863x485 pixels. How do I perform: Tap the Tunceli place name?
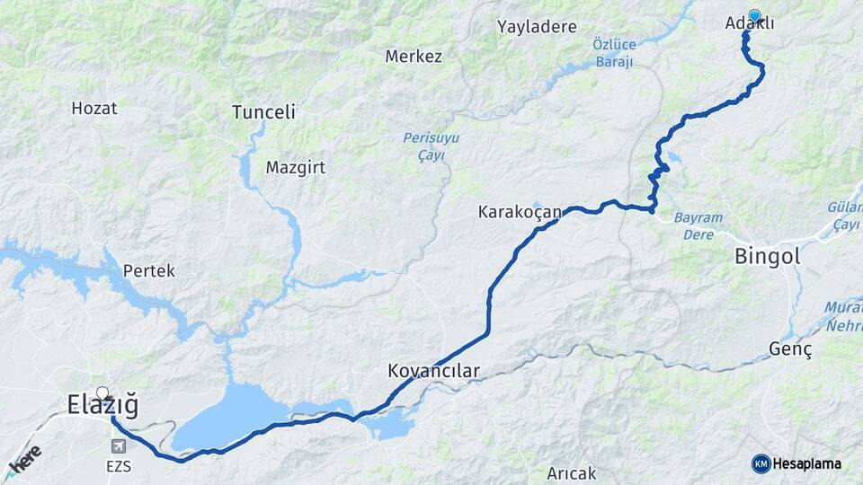click(x=263, y=112)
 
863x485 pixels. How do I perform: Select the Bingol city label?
click(x=767, y=256)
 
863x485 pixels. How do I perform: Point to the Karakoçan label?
click(x=520, y=213)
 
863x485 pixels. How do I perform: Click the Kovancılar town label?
click(x=434, y=370)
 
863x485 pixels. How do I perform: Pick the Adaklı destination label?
click(x=749, y=24)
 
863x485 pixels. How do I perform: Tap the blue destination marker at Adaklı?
click(x=755, y=15)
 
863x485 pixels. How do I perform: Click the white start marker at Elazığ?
click(x=102, y=392)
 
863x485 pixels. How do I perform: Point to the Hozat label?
click(x=94, y=108)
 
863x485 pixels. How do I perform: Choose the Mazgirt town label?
click(x=295, y=168)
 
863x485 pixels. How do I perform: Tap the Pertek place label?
click(x=149, y=270)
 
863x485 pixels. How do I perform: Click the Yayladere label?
click(x=537, y=27)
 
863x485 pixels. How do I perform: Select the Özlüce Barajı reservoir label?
click(x=614, y=53)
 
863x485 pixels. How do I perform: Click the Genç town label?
click(x=791, y=349)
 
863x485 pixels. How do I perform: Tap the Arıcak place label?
click(x=573, y=472)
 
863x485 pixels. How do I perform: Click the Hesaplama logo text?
click(x=806, y=463)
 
